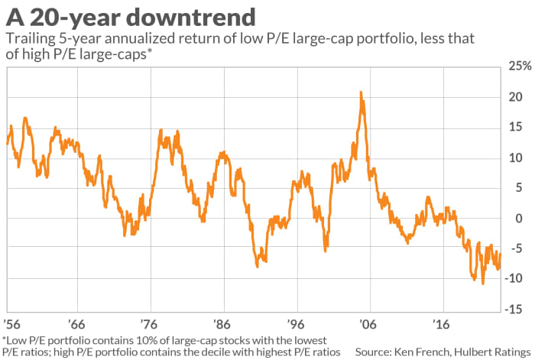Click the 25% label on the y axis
518,67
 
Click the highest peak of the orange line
361,92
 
